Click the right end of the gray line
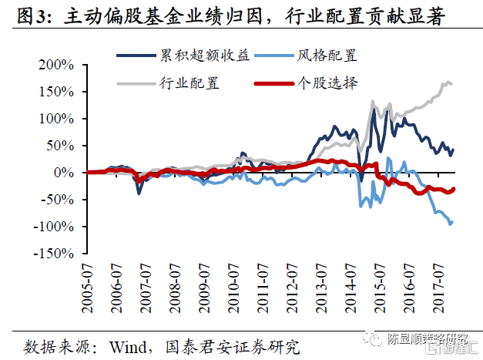coord(452,84)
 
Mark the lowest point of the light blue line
coord(451,224)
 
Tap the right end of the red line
coord(454,189)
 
